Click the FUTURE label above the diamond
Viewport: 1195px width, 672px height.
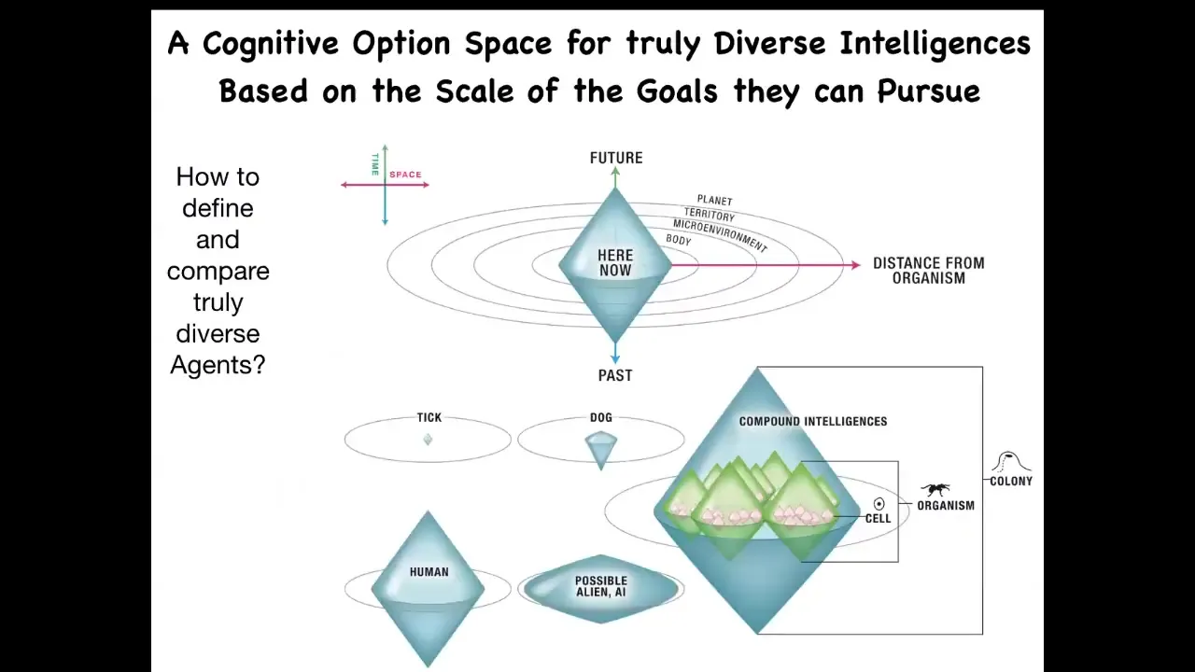(x=616, y=158)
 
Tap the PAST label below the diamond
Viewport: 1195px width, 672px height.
(x=615, y=375)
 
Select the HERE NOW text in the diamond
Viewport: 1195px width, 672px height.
(x=615, y=262)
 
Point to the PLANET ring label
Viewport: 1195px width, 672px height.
(x=715, y=201)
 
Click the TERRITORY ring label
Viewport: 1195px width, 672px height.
(x=710, y=215)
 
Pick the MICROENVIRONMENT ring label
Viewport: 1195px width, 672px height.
(x=720, y=235)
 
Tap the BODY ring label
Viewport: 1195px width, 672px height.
(x=679, y=240)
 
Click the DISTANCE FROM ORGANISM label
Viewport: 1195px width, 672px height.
(x=929, y=271)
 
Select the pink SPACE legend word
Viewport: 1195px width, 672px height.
(x=405, y=175)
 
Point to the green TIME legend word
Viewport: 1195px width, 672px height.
(x=375, y=164)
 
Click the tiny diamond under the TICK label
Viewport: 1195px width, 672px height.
(x=428, y=440)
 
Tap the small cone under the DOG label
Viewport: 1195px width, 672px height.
(x=601, y=451)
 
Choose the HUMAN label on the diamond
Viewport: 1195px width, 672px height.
(x=429, y=572)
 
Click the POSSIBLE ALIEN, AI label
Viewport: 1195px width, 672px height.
(x=601, y=586)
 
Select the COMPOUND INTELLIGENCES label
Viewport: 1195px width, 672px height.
(x=813, y=421)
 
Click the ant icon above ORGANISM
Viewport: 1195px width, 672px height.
(x=935, y=489)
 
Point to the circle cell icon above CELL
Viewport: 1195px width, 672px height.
(x=879, y=503)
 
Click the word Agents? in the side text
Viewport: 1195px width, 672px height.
(x=218, y=365)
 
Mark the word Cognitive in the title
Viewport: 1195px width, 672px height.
(x=271, y=44)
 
